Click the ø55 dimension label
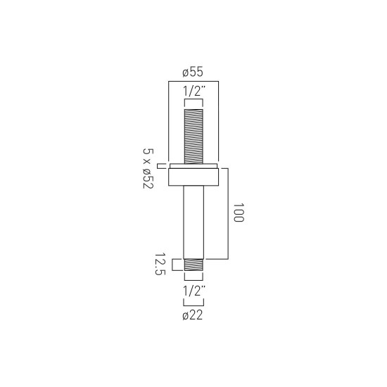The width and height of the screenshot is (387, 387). point(193,72)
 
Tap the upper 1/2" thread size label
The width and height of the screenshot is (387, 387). point(194,91)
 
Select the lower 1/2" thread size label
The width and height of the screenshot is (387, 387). point(194,291)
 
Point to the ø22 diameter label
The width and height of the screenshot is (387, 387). point(193,315)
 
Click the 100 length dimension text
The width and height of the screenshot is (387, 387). point(239,212)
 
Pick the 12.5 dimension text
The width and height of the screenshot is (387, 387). point(160,264)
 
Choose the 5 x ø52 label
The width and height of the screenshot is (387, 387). point(148,169)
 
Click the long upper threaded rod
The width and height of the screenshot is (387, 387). point(193,137)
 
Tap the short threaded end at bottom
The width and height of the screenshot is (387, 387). point(193,265)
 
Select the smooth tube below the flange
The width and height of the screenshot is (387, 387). point(193,222)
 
